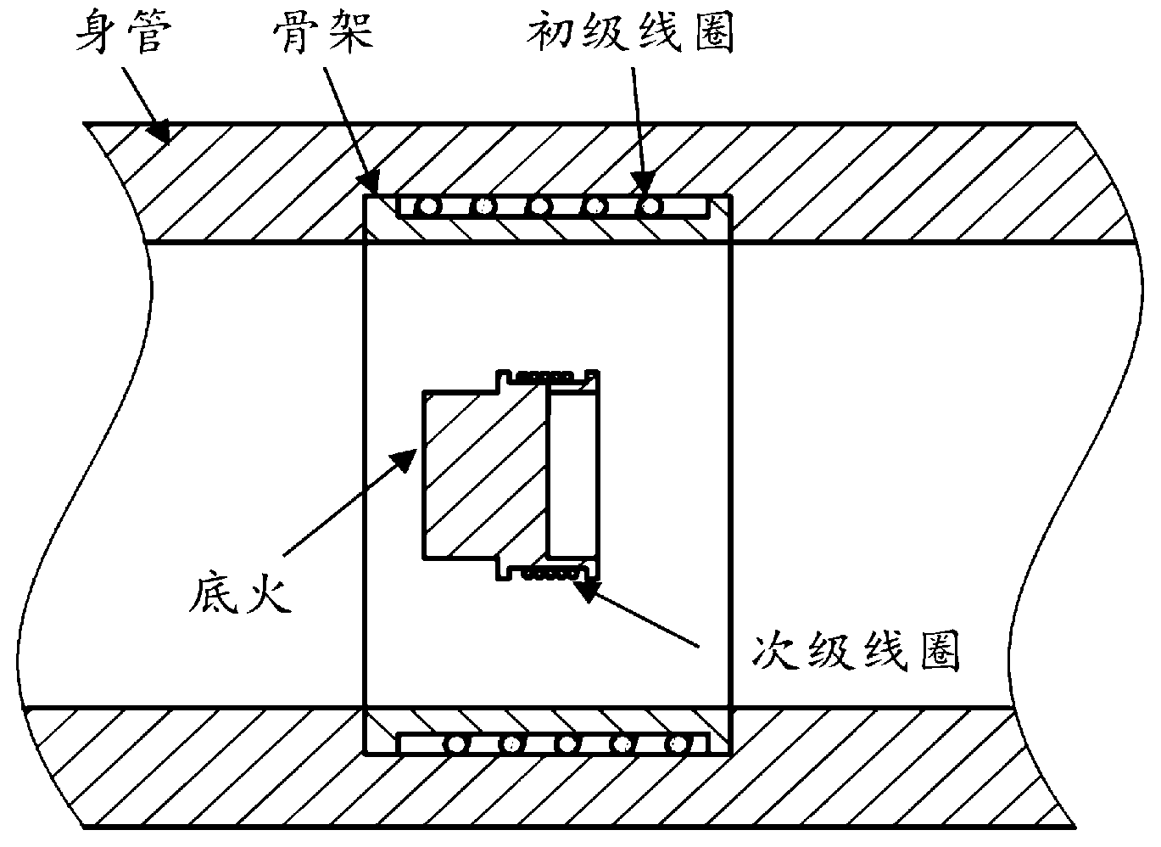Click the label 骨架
pyautogui.click(x=323, y=34)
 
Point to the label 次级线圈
pyautogui.click(x=857, y=653)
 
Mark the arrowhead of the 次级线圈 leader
pyautogui.click(x=585, y=586)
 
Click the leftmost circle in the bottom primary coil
pyautogui.click(x=458, y=744)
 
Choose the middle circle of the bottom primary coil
pyautogui.click(x=567, y=744)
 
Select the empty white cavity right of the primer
pyautogui.click(x=574, y=475)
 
